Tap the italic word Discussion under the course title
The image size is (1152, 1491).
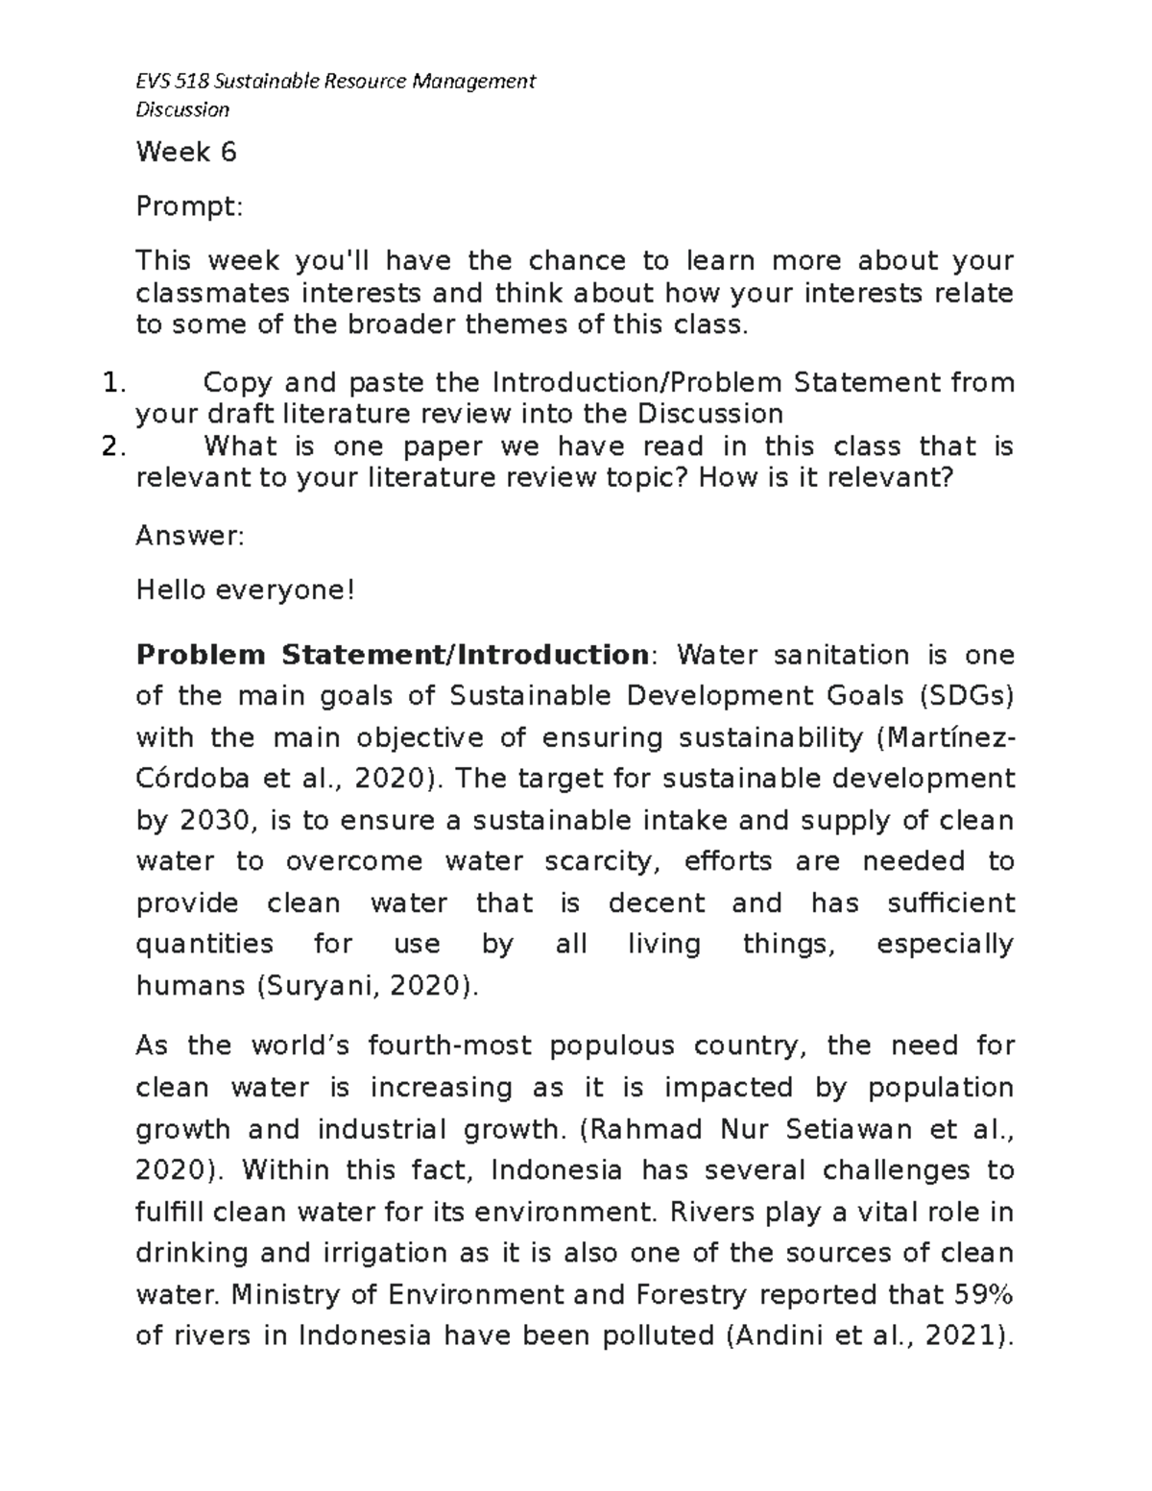182,109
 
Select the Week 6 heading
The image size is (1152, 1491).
186,152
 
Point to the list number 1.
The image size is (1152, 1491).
113,383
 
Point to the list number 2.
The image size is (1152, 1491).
113,446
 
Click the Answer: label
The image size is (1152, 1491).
190,536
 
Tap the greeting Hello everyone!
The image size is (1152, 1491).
245,589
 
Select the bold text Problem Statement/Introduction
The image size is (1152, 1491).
392,655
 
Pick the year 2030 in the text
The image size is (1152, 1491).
214,821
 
